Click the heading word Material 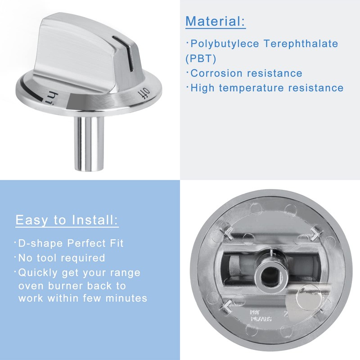click(x=215, y=21)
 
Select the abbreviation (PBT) click(x=201, y=58)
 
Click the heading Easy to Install click(x=67, y=220)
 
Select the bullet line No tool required click(x=61, y=258)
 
